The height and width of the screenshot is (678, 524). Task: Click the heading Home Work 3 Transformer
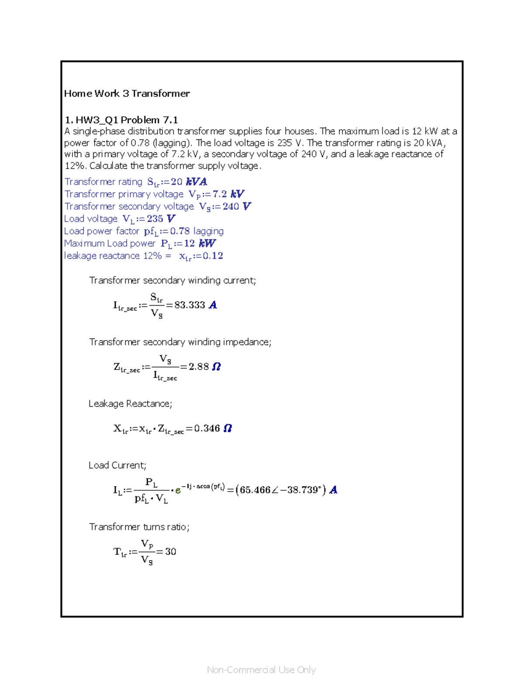click(x=127, y=93)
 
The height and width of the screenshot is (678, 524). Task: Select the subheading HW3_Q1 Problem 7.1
click(x=127, y=120)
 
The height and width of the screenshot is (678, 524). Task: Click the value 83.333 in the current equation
click(x=190, y=305)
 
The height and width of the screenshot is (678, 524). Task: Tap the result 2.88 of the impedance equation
click(x=199, y=367)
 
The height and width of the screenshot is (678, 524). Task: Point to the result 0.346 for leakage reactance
click(x=207, y=428)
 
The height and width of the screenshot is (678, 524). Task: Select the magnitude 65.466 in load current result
click(x=255, y=490)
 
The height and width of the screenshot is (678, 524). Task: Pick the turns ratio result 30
click(x=170, y=552)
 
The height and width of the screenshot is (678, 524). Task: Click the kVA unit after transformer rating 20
click(x=196, y=182)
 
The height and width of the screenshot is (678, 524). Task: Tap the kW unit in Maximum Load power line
click(x=207, y=243)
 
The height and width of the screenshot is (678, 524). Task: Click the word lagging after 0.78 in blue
click(x=208, y=231)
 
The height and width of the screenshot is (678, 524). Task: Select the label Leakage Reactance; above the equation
click(x=130, y=404)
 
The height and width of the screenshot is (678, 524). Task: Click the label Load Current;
click(x=117, y=465)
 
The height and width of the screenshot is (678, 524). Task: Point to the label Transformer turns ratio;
click(x=139, y=527)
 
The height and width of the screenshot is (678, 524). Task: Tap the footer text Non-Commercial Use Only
click(x=261, y=670)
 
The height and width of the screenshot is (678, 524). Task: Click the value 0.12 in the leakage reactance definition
click(x=213, y=256)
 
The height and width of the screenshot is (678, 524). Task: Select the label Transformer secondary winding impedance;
click(x=180, y=342)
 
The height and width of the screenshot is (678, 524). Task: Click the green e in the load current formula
click(x=178, y=490)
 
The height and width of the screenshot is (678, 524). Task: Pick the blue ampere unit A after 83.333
click(x=213, y=305)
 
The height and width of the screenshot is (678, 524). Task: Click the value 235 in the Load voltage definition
click(x=155, y=219)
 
